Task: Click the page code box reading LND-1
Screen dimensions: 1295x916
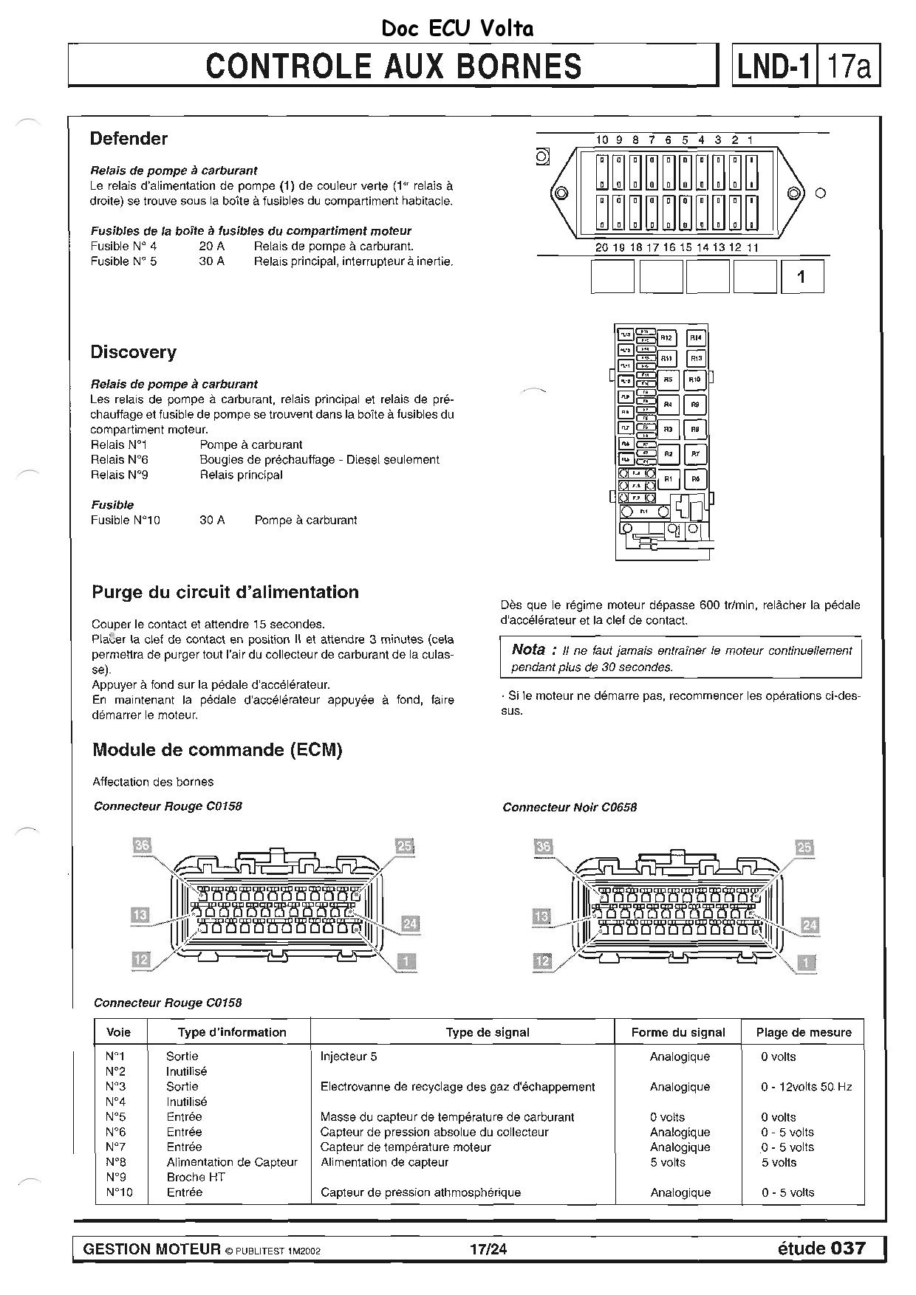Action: [x=773, y=66]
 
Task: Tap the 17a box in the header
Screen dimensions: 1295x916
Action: [x=849, y=66]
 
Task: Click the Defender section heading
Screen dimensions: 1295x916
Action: [x=129, y=139]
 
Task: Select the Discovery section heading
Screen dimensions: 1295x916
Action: [x=133, y=352]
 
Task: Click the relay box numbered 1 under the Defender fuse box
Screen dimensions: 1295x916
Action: [x=802, y=278]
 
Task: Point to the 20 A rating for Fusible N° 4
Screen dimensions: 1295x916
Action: [x=211, y=246]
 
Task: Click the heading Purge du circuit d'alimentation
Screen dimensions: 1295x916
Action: [x=225, y=592]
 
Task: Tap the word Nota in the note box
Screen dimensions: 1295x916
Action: [x=529, y=650]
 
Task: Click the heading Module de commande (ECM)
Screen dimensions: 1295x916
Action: [x=217, y=750]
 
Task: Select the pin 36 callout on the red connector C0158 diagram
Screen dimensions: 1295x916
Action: [x=142, y=845]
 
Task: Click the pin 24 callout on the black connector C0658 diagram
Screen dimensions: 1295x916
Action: [x=810, y=925]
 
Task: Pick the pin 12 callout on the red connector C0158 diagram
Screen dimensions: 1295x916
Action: [x=140, y=960]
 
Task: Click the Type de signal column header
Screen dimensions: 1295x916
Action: [x=488, y=1032]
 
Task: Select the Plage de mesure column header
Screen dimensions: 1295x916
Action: [x=804, y=1032]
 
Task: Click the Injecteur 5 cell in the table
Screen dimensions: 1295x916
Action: [x=349, y=1057]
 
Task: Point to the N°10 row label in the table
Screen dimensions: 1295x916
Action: [x=119, y=1192]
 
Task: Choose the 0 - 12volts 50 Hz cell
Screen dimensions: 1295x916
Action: [x=807, y=1087]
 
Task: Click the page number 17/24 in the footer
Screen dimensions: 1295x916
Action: [x=488, y=1249]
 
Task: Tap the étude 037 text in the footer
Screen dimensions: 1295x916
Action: [x=821, y=1248]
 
